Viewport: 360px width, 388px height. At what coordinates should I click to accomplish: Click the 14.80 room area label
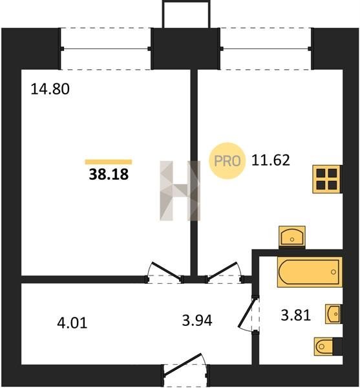pyautogui.click(x=50, y=89)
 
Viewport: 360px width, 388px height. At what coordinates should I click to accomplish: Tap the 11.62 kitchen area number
pyautogui.click(x=271, y=160)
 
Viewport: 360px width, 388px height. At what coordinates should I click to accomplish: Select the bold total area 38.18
pyautogui.click(x=109, y=174)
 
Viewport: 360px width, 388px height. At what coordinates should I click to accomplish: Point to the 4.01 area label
pyautogui.click(x=72, y=323)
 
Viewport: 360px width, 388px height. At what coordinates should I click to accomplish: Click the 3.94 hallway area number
pyautogui.click(x=197, y=321)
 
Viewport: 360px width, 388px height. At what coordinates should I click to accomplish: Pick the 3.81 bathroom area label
pyautogui.click(x=296, y=316)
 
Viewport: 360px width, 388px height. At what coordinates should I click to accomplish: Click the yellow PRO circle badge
pyautogui.click(x=228, y=161)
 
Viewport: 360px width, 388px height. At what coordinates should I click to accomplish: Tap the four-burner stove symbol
pyautogui.click(x=327, y=178)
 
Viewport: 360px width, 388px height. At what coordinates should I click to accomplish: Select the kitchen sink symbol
pyautogui.click(x=292, y=237)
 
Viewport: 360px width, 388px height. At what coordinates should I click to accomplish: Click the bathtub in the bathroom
pyautogui.click(x=310, y=272)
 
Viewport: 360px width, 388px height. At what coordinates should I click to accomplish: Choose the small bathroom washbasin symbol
pyautogui.click(x=334, y=314)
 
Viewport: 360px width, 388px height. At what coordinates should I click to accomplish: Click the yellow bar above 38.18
pyautogui.click(x=109, y=162)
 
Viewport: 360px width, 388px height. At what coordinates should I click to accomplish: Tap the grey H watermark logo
pyautogui.click(x=180, y=191)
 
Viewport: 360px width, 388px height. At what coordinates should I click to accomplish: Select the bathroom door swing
pyautogui.click(x=248, y=314)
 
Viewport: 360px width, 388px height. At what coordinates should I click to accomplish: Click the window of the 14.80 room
pyautogui.click(x=105, y=48)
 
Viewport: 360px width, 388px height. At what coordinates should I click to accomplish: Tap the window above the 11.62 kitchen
pyautogui.click(x=266, y=48)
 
